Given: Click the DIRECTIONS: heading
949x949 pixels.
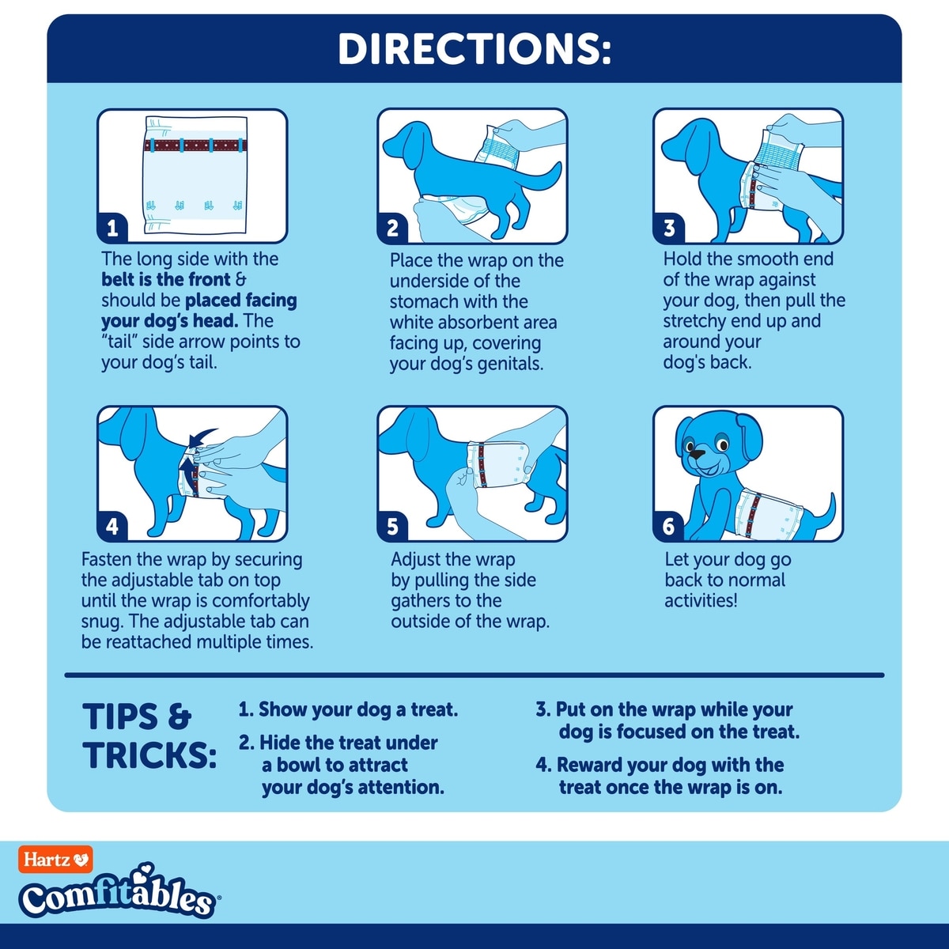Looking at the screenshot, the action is click(475, 49).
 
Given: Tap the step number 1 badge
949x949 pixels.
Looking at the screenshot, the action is click(113, 229).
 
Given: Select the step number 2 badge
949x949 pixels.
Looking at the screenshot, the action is click(393, 229).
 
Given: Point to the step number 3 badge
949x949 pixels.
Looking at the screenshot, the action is click(669, 229).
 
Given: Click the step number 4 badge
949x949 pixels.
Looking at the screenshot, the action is click(113, 527).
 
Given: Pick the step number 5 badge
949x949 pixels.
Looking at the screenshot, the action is click(393, 527).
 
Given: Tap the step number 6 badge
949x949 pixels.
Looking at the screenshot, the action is click(669, 527).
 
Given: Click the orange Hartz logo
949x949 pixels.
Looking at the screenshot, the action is click(55, 860).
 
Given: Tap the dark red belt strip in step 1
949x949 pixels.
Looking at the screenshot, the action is click(195, 146).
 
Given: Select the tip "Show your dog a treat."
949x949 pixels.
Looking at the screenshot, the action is click(348, 709).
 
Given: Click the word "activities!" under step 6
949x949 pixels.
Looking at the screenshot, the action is click(701, 601).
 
